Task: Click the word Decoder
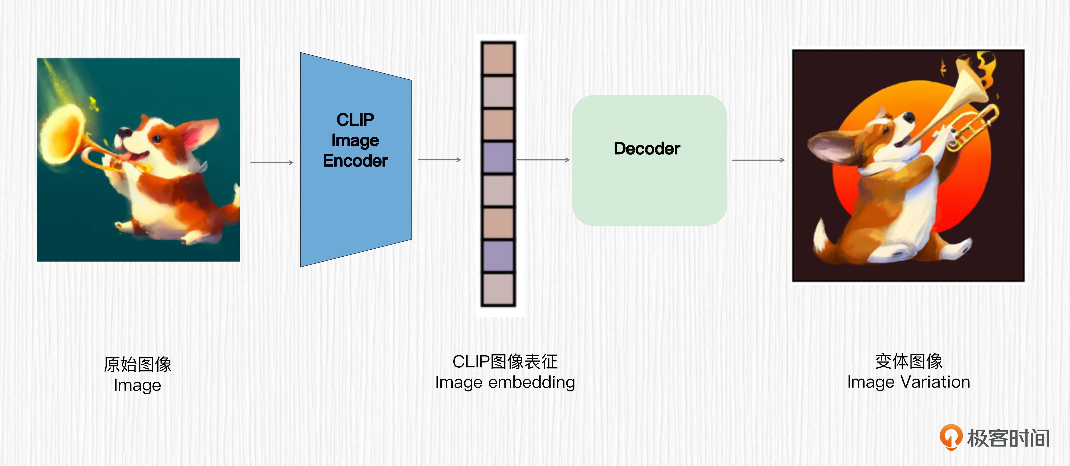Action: point(647,148)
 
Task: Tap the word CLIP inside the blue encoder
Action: point(355,120)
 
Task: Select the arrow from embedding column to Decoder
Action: point(543,160)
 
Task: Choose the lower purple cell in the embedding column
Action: point(498,256)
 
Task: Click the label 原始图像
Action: point(138,364)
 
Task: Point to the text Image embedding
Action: point(505,382)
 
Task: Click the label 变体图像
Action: point(908,361)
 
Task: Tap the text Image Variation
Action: point(908,382)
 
